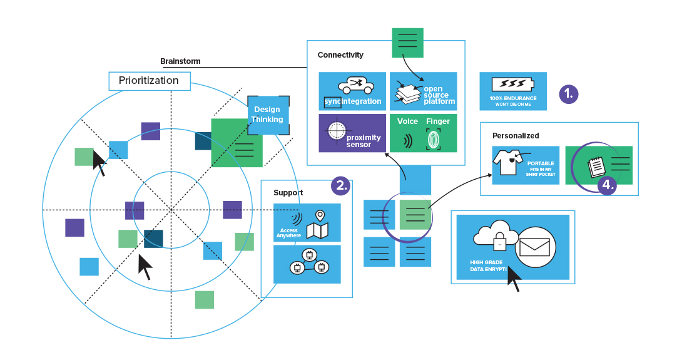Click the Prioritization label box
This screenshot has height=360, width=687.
coord(150,81)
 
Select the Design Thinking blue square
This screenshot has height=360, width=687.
coord(268,115)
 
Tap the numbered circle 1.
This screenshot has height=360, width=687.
coord(568,94)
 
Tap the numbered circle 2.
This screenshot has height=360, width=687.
coord(341,185)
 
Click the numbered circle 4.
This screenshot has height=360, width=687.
coord(606,185)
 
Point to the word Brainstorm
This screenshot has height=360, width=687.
coord(180,61)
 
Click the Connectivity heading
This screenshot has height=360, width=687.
coord(340,55)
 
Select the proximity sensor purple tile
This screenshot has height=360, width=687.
coord(352,133)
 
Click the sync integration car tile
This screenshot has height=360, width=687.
coord(352,91)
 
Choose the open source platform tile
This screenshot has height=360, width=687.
coord(423,91)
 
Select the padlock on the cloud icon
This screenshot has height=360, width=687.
coord(499,242)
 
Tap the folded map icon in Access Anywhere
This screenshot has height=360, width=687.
coord(318,230)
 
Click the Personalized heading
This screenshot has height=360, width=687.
coord(515,135)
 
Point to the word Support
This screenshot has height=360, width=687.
coord(288,193)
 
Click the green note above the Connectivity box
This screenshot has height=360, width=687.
coord(407,43)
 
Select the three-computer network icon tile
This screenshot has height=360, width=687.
coord(307,264)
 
